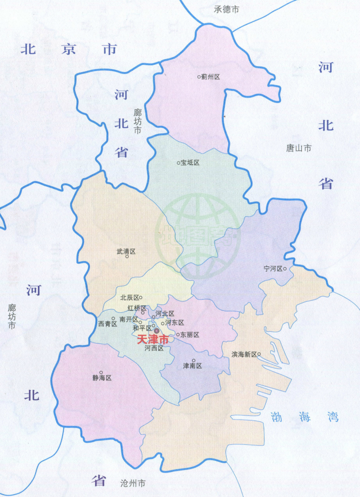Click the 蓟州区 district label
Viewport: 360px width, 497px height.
211,77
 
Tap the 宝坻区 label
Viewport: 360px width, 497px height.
190,163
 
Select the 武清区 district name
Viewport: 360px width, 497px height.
126,252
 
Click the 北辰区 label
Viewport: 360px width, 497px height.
129,298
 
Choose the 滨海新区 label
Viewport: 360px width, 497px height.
244,354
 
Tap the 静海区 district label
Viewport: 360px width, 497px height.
102,378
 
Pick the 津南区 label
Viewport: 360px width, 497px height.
193,366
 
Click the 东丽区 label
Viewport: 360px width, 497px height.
189,335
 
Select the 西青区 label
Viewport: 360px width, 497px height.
108,324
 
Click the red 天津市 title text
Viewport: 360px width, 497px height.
153,340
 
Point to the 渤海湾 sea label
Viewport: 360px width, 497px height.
304,416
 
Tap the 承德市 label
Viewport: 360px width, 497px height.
226,9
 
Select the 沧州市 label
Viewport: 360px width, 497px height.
133,484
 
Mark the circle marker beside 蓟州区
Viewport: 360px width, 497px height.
199,77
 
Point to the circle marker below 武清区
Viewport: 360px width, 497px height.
127,257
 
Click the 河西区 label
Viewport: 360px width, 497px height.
153,348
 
